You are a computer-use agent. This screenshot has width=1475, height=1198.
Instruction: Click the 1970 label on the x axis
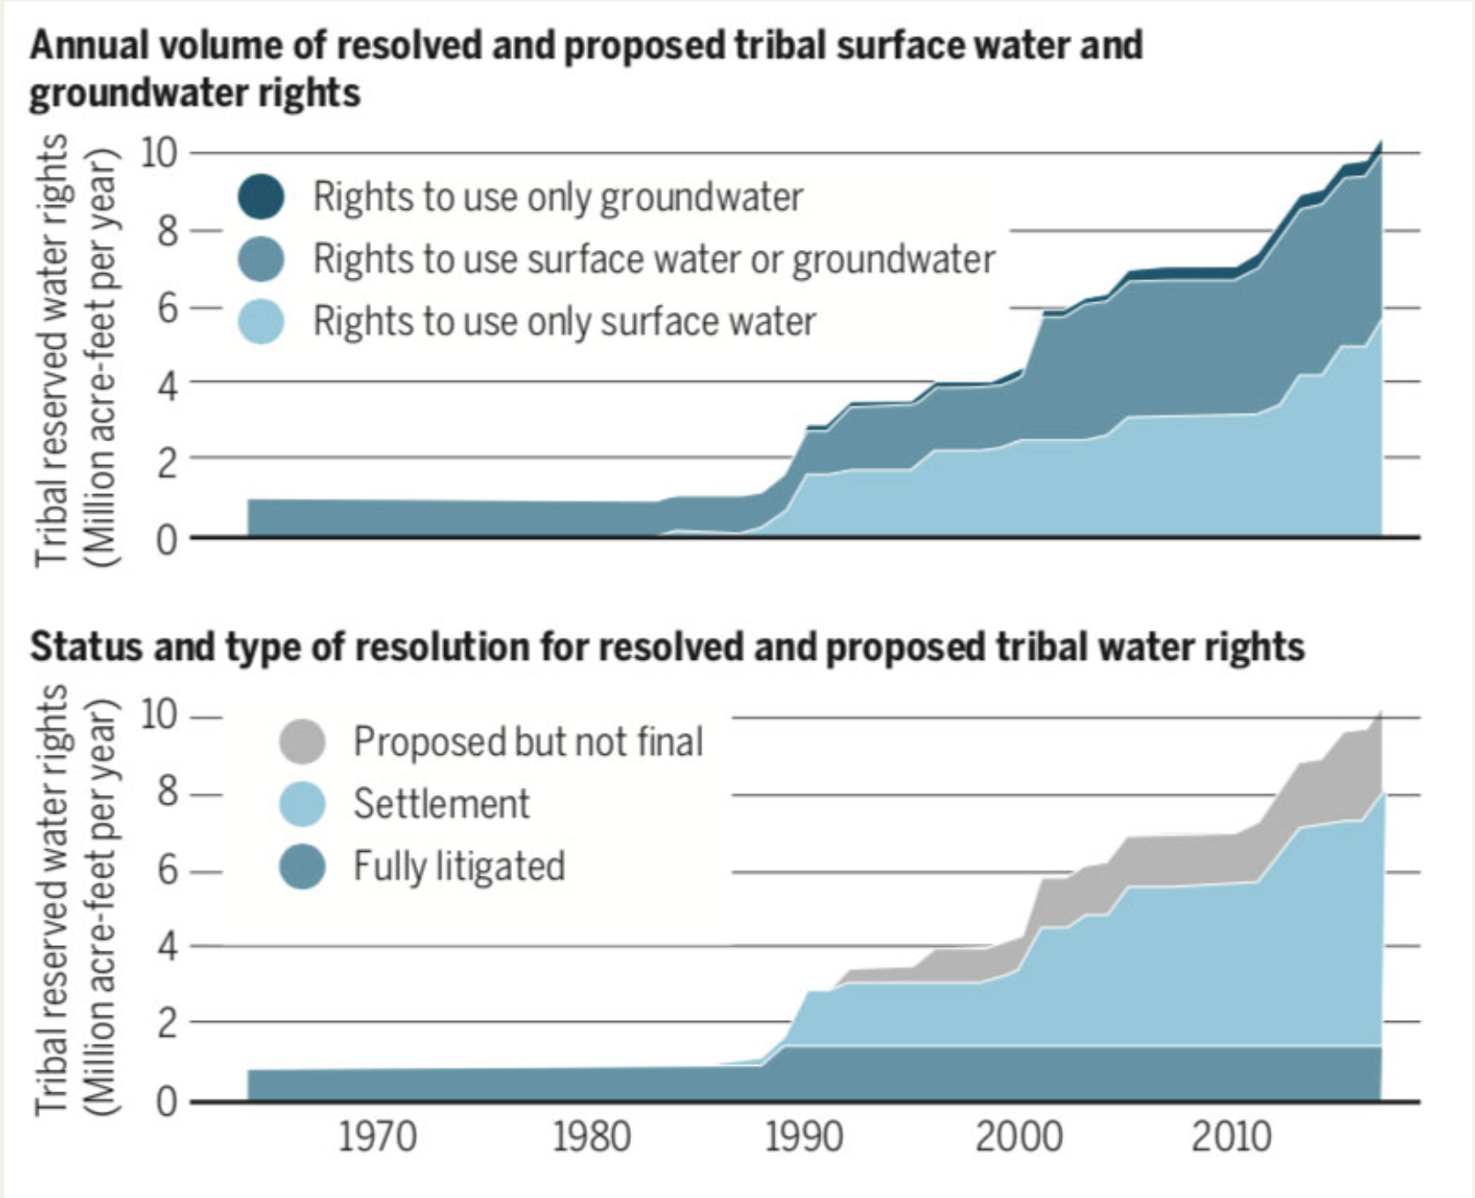point(377,1137)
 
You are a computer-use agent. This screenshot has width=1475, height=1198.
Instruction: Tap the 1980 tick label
point(590,1137)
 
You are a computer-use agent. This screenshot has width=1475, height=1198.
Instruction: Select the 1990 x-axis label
point(804,1137)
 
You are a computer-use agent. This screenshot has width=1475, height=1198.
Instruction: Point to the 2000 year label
point(1018,1137)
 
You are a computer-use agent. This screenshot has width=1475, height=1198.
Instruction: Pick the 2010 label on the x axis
point(1231,1137)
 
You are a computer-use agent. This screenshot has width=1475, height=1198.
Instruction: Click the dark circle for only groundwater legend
point(261,196)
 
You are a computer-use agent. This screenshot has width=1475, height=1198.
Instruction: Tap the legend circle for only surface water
point(261,321)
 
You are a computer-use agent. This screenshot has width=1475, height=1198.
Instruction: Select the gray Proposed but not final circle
point(301,741)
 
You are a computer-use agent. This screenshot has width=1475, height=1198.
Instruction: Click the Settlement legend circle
point(301,803)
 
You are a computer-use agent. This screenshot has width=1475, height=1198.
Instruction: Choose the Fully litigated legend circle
point(301,866)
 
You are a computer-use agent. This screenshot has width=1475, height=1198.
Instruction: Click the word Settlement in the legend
point(441,803)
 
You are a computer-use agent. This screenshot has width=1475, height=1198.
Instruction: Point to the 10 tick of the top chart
point(159,153)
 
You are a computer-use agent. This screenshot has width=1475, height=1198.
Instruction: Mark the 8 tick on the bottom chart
point(167,794)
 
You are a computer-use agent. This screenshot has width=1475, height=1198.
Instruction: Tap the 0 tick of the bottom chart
point(167,1102)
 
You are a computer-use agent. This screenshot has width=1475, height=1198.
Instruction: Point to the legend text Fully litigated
point(459,866)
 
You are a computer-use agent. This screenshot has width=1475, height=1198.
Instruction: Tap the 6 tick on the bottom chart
point(167,871)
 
